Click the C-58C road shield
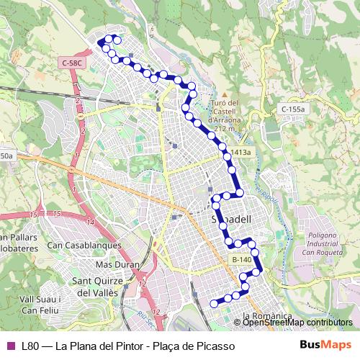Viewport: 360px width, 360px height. coord(73,63)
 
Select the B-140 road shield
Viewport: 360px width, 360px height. coord(241,259)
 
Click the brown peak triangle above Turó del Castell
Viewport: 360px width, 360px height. coord(225,94)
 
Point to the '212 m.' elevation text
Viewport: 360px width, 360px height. coord(226,128)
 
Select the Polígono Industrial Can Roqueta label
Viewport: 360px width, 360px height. coord(319,243)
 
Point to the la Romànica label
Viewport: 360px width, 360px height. coord(267,315)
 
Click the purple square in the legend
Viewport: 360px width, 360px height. coord(10,346)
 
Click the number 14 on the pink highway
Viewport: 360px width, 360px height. coord(90,222)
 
